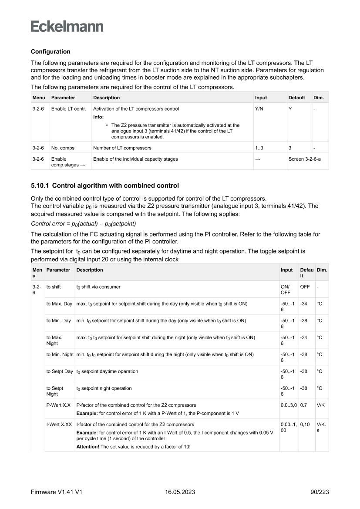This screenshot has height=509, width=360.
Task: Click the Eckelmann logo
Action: coord(67,26)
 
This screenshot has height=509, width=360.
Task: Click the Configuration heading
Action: coord(50,52)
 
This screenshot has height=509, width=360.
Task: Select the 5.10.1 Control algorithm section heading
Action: coord(104,186)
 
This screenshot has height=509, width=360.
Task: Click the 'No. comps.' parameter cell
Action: coord(63,148)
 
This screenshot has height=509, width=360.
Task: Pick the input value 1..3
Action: coord(259,148)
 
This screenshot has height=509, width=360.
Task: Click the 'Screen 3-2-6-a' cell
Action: coord(304,159)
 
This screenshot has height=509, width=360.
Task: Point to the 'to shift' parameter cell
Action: coord(54,287)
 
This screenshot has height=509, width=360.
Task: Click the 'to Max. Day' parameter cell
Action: coord(59,303)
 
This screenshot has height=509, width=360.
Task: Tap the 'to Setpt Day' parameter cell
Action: coord(60,371)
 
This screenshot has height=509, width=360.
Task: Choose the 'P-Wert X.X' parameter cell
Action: coord(58,405)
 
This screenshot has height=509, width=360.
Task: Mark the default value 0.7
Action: coord(303,405)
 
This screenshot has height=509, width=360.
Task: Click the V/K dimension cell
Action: coord(321,405)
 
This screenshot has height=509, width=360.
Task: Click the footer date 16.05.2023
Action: coord(180,492)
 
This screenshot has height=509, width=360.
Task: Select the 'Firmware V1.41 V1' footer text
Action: coord(57,492)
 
